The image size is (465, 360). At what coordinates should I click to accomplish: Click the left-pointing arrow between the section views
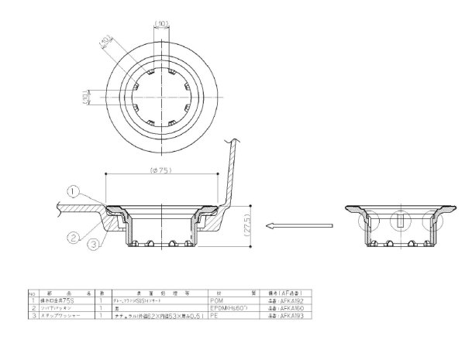(x=298, y=226)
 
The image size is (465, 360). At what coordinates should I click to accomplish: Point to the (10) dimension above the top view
(x=162, y=22)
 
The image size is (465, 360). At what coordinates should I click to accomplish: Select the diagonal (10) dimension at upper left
(x=106, y=41)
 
